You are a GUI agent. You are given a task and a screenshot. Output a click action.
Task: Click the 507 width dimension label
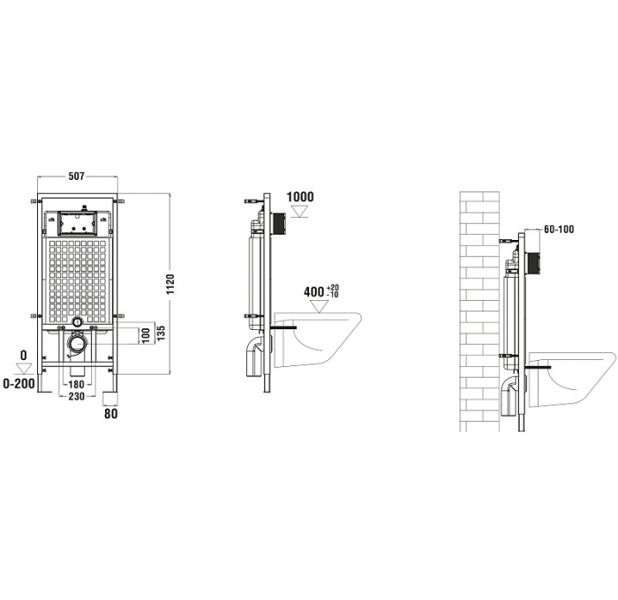(77, 176)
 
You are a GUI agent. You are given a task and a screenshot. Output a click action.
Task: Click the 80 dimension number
(111, 412)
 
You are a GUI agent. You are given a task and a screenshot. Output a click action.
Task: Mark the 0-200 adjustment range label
(19, 384)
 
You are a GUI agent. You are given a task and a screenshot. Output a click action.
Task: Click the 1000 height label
(300, 197)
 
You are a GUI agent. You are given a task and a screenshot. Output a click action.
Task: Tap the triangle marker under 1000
(300, 212)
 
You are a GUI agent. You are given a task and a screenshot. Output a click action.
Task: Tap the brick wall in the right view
(479, 309)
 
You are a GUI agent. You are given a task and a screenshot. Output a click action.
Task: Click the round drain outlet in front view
(79, 342)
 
